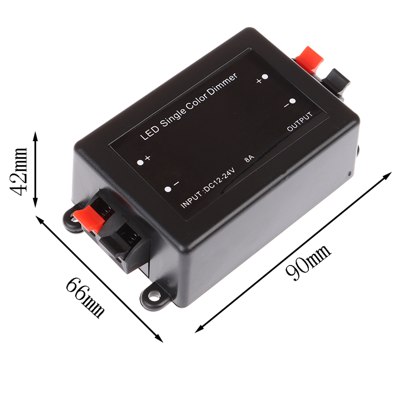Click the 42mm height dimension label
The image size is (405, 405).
click(x=20, y=170)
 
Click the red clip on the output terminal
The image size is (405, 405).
click(x=310, y=57)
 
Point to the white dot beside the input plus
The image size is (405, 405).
click(x=140, y=162)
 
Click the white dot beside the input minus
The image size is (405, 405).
click(x=168, y=189)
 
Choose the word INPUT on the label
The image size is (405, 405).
click(x=190, y=201)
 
